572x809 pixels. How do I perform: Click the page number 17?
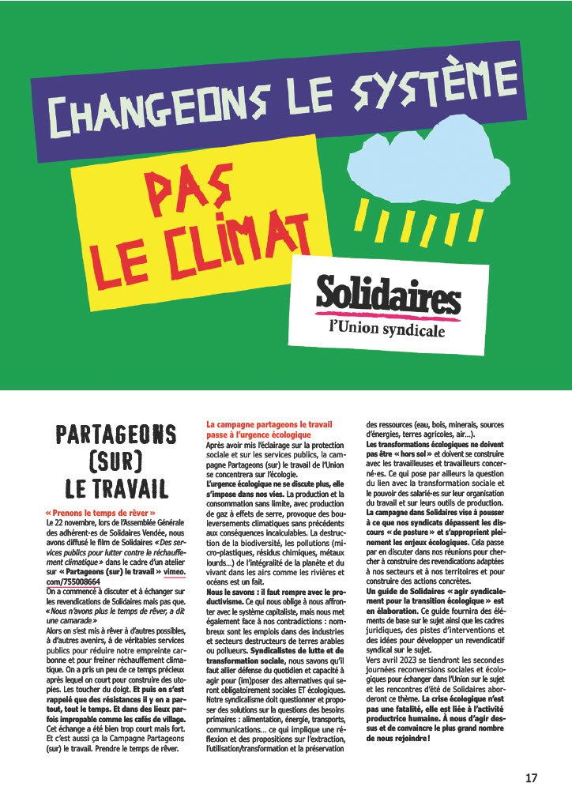pos(531,778)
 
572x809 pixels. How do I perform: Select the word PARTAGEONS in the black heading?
pos(115,435)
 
